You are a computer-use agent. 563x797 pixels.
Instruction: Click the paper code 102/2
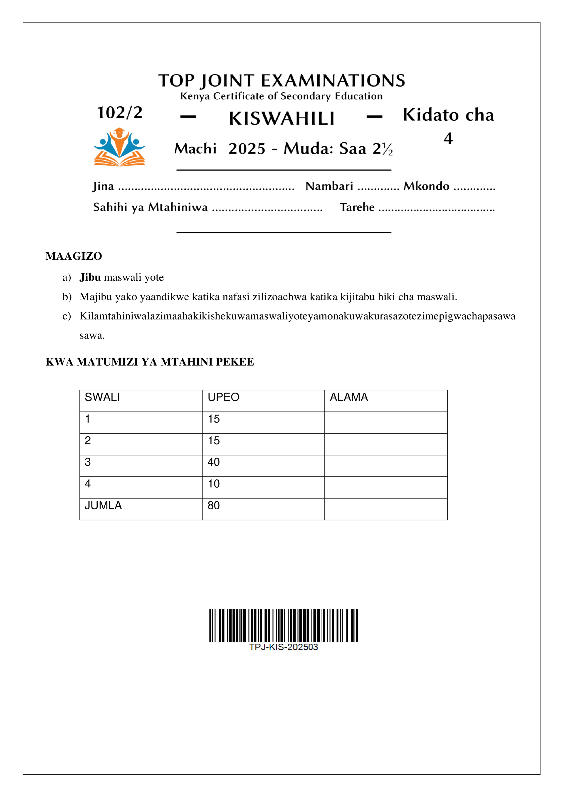pyautogui.click(x=120, y=113)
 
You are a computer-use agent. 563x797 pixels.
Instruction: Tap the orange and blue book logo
pyautogui.click(x=119, y=147)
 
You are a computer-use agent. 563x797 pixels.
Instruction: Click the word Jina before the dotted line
pyautogui.click(x=103, y=186)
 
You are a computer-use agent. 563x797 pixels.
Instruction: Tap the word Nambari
pyautogui.click(x=329, y=186)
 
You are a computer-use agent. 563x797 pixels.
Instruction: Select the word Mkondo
pyautogui.click(x=426, y=186)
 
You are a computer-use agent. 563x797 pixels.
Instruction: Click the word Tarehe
pyautogui.click(x=357, y=207)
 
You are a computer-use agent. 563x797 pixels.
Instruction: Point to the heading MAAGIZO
pyautogui.click(x=74, y=256)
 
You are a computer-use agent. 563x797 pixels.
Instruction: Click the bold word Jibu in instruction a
pyautogui.click(x=90, y=277)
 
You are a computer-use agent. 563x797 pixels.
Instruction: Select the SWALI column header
pyautogui.click(x=102, y=397)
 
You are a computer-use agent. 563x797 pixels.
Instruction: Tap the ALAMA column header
pyautogui.click(x=349, y=397)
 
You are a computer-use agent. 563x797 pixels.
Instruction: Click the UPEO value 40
pyautogui.click(x=214, y=462)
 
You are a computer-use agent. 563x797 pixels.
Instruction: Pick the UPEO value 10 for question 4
pyautogui.click(x=214, y=484)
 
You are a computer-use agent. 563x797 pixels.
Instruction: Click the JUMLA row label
pyautogui.click(x=103, y=506)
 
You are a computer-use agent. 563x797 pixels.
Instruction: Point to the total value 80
pyautogui.click(x=214, y=506)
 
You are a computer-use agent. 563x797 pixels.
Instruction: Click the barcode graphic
pyautogui.click(x=283, y=625)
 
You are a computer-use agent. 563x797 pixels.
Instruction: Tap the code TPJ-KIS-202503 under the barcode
pyautogui.click(x=283, y=647)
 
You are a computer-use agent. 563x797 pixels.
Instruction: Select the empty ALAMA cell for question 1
pyautogui.click(x=386, y=422)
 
